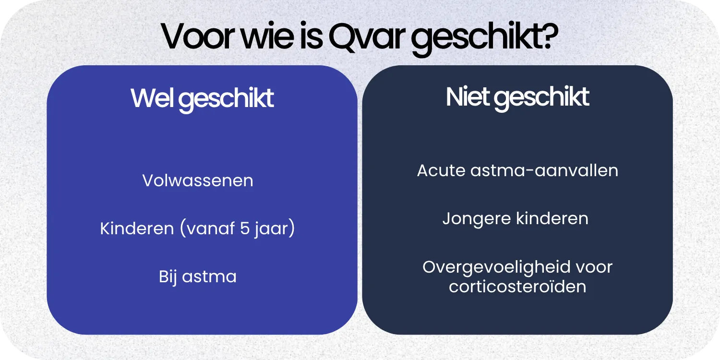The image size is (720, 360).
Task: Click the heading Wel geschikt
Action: (x=202, y=98)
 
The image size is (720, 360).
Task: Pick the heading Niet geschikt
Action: (x=517, y=97)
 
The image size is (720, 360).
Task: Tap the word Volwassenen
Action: (x=198, y=180)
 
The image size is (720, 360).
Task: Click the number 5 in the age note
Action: (x=245, y=228)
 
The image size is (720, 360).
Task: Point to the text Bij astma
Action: (x=198, y=277)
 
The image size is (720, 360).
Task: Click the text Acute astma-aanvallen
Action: (x=517, y=170)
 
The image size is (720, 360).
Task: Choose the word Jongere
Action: (x=477, y=219)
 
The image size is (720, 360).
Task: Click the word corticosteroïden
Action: (x=517, y=287)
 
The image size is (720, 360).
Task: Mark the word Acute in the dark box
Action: (x=441, y=170)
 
